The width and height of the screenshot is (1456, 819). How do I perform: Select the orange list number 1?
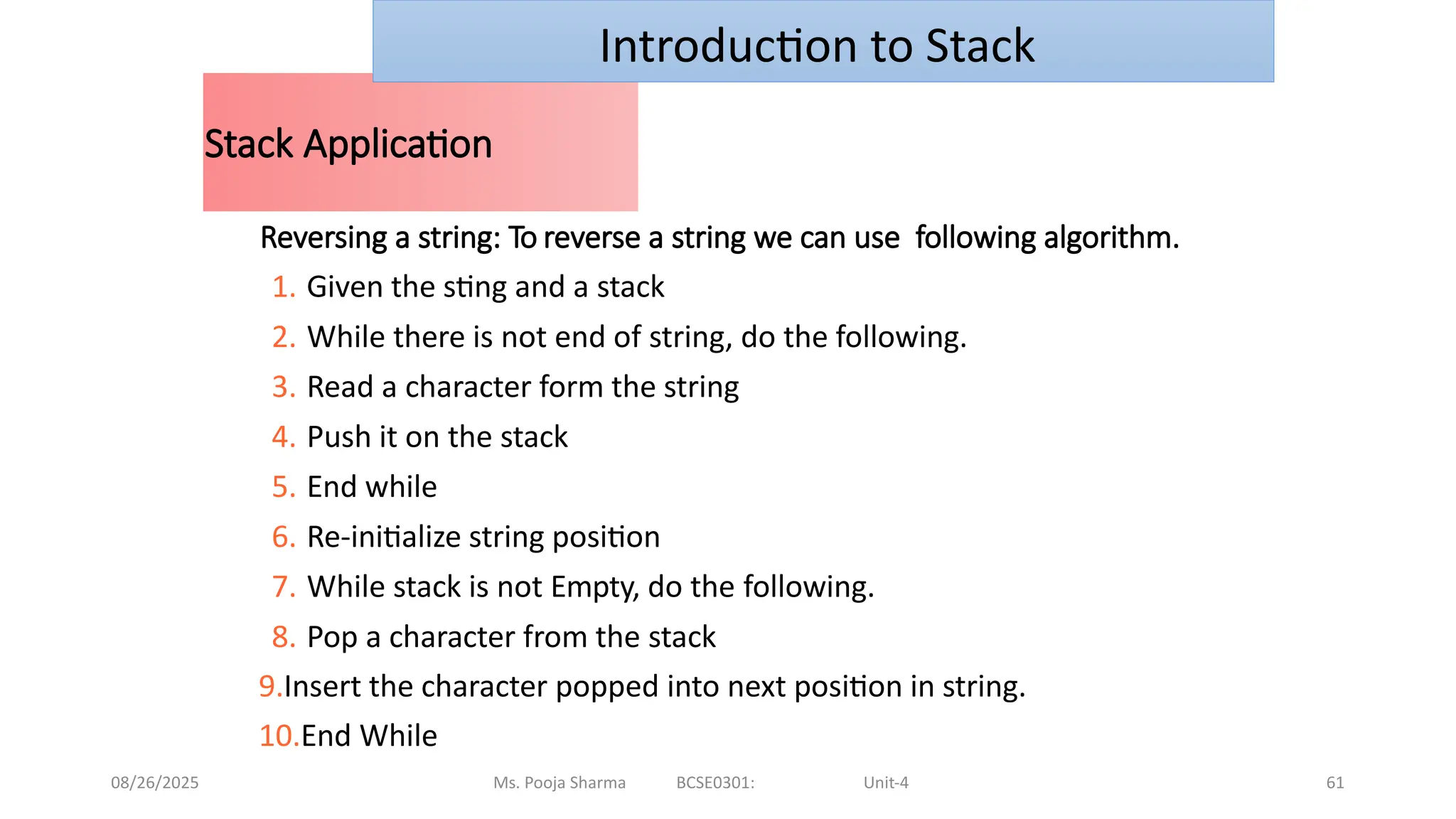pyautogui.click(x=283, y=287)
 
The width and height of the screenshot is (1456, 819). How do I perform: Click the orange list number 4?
pyautogui.click(x=283, y=437)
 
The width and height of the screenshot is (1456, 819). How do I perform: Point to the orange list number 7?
pyautogui.click(x=283, y=587)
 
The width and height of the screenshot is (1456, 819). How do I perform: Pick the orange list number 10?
pyautogui.click(x=278, y=736)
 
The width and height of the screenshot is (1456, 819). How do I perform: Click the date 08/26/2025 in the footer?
pyautogui.click(x=155, y=783)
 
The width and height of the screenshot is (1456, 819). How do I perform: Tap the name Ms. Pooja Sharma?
pyautogui.click(x=560, y=783)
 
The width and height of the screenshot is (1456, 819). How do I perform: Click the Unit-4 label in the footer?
pyautogui.click(x=886, y=783)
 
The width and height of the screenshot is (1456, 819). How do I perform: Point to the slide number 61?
pyautogui.click(x=1335, y=783)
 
